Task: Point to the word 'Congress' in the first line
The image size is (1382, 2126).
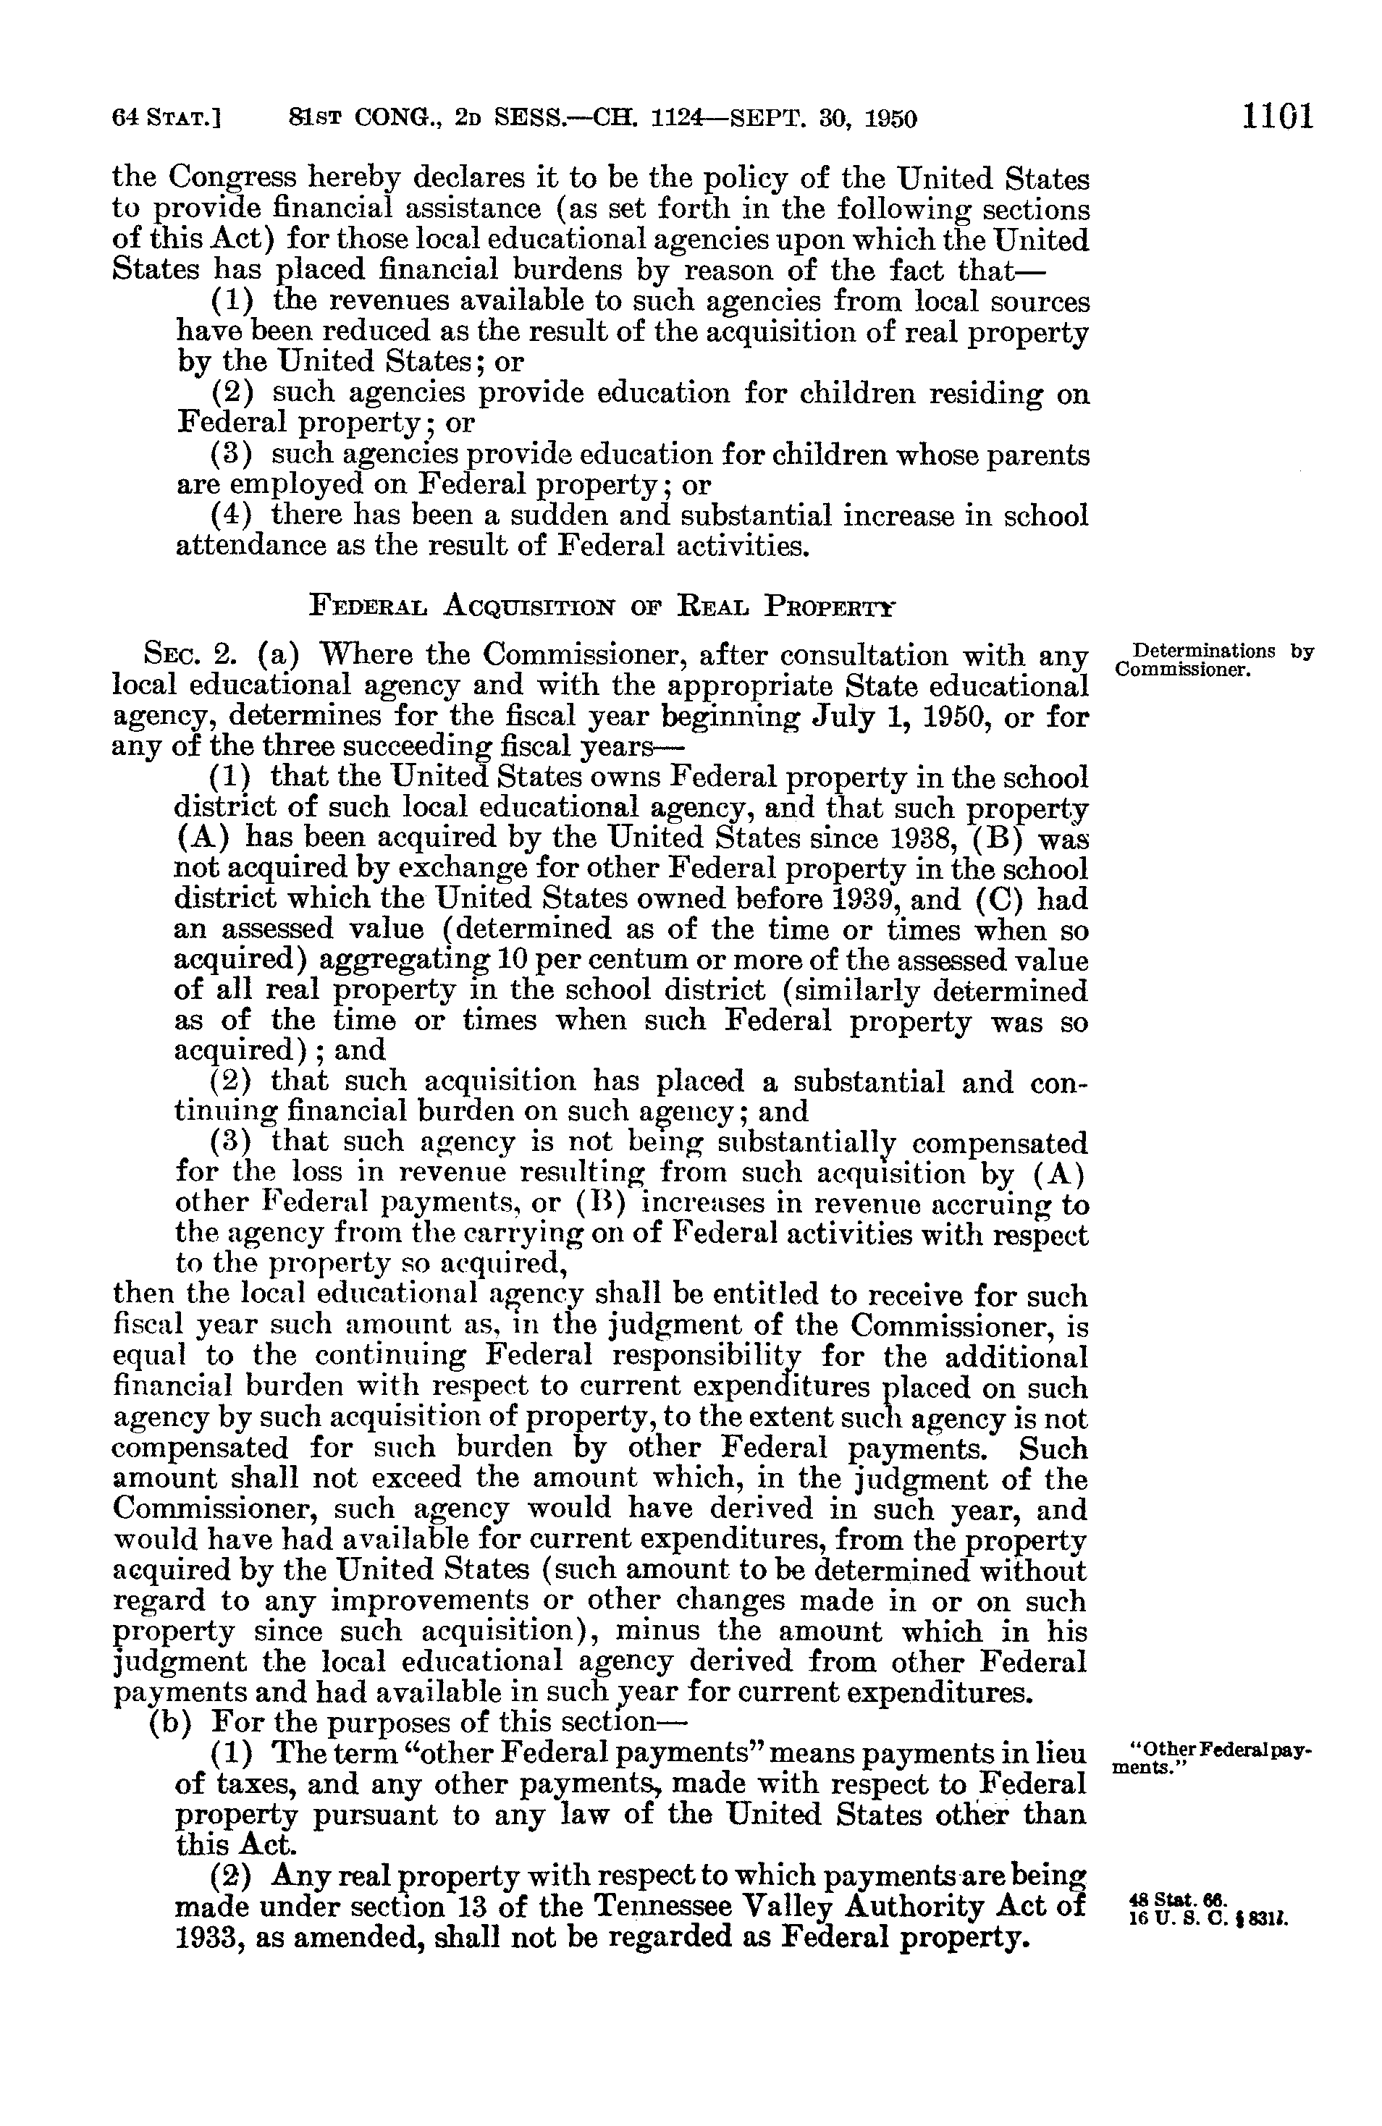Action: coord(232,180)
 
